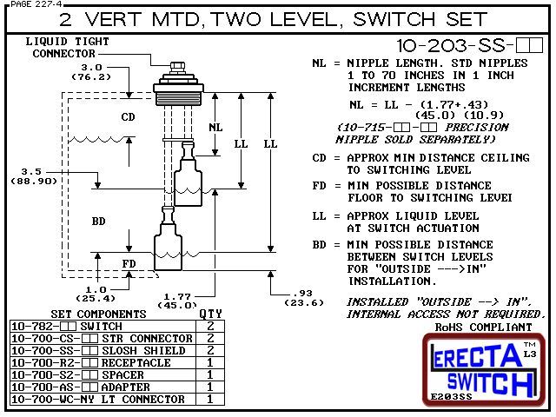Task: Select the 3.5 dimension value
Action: point(32,171)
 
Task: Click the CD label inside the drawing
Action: point(128,116)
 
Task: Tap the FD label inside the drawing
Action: point(128,263)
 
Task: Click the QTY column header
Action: point(210,314)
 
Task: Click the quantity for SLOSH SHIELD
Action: point(209,350)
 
